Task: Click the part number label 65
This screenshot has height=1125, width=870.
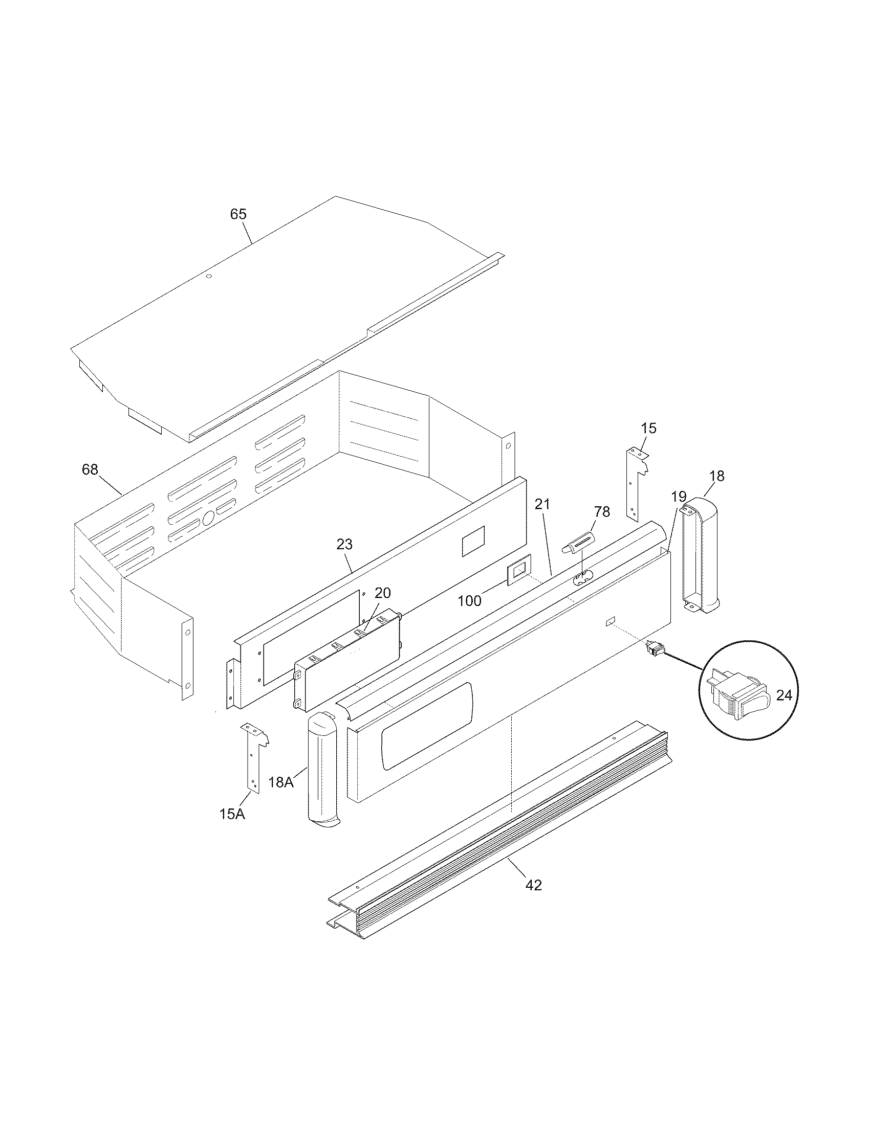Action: (238, 214)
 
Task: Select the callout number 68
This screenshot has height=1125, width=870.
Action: (90, 470)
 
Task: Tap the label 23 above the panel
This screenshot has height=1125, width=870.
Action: (344, 544)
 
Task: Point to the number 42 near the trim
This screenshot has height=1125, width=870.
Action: (533, 885)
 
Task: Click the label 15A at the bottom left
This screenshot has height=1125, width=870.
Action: (232, 815)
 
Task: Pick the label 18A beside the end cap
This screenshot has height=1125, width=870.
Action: (281, 782)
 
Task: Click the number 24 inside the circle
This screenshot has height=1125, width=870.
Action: (784, 695)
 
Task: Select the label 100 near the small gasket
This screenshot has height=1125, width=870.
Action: (469, 601)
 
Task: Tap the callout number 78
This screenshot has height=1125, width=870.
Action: (601, 511)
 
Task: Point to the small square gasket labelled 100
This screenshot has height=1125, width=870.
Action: (518, 570)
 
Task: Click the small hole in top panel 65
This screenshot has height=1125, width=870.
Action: (209, 277)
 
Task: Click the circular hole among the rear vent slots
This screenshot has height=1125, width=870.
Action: (208, 518)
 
